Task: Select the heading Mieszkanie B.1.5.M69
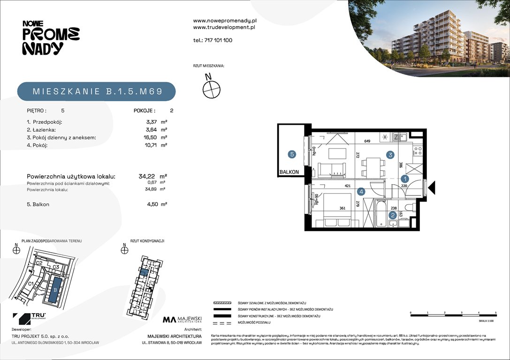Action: pyautogui.click(x=97, y=91)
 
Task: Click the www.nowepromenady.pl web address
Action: pyautogui.click(x=225, y=21)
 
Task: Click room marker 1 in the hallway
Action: pyautogui.click(x=405, y=179)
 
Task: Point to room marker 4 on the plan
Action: pyautogui.click(x=361, y=191)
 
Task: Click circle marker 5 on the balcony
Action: pyautogui.click(x=292, y=153)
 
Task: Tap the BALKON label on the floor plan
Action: pyautogui.click(x=289, y=172)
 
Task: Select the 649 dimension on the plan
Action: pyautogui.click(x=367, y=141)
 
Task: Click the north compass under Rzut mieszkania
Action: pyautogui.click(x=212, y=88)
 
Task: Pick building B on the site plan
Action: pyautogui.click(x=55, y=290)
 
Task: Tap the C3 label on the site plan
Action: pyautogui.click(x=55, y=267)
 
